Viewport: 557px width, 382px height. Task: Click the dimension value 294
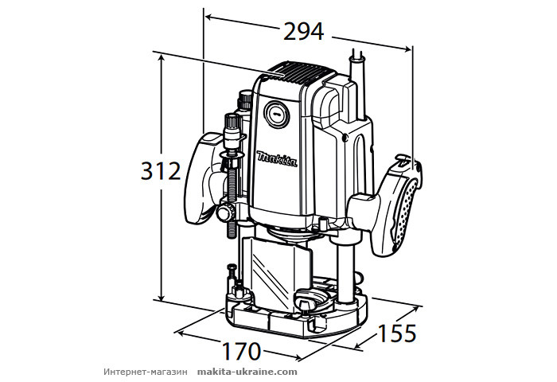tap(303, 31)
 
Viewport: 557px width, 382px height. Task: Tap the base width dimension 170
tap(241, 350)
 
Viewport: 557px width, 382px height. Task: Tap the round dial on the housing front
tap(276, 114)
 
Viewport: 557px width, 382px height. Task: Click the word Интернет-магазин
tap(144, 372)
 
